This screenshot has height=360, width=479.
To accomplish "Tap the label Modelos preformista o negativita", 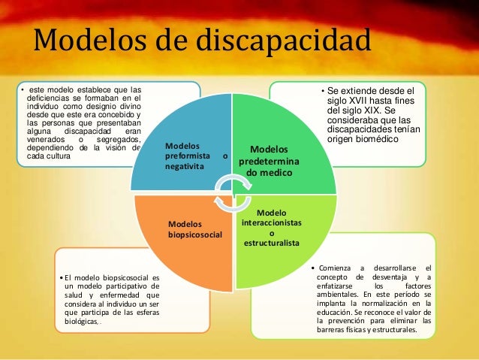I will click(x=194, y=156).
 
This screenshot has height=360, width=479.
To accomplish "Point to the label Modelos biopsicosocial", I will click(x=196, y=229).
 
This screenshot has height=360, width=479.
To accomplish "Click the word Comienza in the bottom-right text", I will click(x=338, y=268).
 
